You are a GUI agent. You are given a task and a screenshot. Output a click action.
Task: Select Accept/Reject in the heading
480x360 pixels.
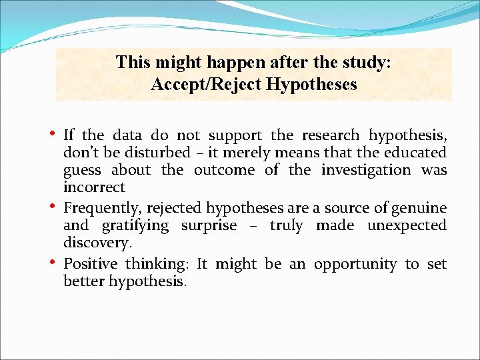coord(197,85)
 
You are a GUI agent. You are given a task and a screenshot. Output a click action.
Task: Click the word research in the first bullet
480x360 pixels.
coord(330,135)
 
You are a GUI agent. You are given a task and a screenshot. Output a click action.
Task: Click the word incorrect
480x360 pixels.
coord(94,187)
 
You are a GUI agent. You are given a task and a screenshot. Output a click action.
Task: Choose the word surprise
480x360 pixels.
coord(209,225)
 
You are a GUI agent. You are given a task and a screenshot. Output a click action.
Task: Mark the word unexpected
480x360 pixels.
coord(407,225)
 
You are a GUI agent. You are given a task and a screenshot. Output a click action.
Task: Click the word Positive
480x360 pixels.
coord(90,264)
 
